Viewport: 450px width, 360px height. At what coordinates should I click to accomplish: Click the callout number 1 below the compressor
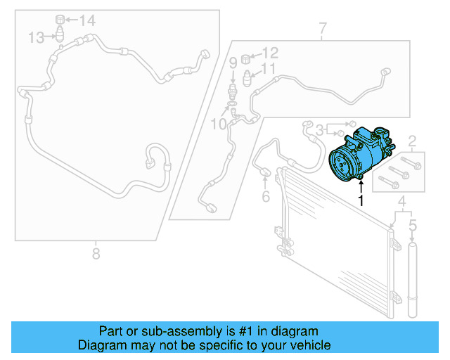[x=361, y=200]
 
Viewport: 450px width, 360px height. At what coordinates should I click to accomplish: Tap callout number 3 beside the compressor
[x=320, y=129]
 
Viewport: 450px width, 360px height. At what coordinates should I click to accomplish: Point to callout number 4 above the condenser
[x=402, y=205]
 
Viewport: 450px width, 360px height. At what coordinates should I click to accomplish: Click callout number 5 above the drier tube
[x=413, y=226]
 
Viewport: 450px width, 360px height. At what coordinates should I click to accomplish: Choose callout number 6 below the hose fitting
[x=266, y=196]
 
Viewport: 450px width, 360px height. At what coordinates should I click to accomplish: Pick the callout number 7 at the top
[x=322, y=29]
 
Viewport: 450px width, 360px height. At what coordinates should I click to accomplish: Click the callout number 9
[x=233, y=64]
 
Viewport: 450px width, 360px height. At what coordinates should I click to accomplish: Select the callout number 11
[x=269, y=69]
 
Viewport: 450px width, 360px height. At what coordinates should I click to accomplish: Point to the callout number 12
[x=270, y=52]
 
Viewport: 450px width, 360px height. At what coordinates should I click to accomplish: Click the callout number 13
[x=37, y=37]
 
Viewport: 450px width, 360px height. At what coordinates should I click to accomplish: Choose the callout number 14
[x=86, y=20]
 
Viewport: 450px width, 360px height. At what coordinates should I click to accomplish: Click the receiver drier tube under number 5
[x=413, y=281]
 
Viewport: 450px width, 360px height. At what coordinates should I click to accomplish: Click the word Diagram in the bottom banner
[x=98, y=345]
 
